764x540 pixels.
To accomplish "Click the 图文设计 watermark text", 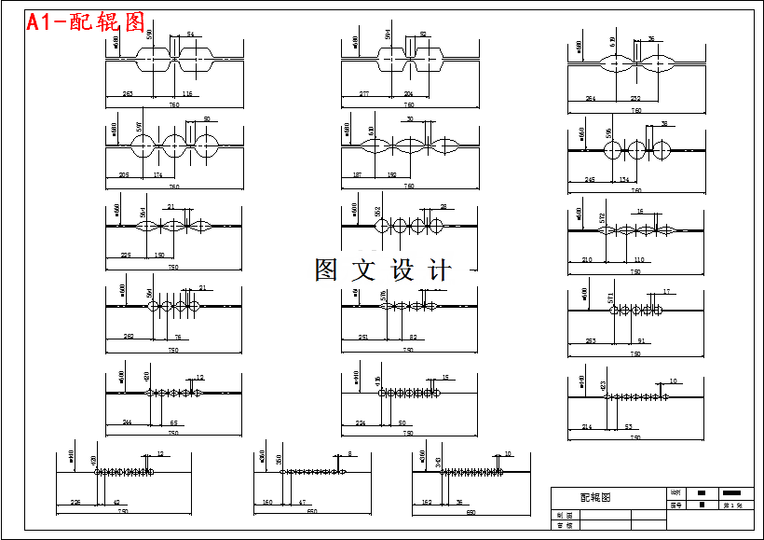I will point(383,270).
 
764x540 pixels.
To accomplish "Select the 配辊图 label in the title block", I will point(596,498).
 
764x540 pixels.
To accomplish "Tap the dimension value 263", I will point(128,94).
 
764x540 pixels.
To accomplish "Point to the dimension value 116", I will point(187,94).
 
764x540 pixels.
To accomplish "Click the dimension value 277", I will point(364,94).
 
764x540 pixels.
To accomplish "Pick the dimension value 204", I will point(408,94).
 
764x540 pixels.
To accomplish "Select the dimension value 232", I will point(635,98).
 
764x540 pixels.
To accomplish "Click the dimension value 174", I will point(157,175).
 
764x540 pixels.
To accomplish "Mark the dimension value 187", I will point(357,175).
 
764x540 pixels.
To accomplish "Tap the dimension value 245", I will point(590,179).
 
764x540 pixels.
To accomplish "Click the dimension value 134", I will point(623,179).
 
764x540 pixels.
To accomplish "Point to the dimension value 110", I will point(639,260).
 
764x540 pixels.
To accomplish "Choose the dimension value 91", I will point(641,341).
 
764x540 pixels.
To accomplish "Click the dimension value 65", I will point(173,422).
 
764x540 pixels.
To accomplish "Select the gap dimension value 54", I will point(191,35).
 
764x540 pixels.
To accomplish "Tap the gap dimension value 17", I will point(667,292).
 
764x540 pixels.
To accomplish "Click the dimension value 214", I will point(587,426).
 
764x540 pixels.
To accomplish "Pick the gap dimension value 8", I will point(350,454).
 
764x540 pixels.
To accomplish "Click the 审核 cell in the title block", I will point(564,525).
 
